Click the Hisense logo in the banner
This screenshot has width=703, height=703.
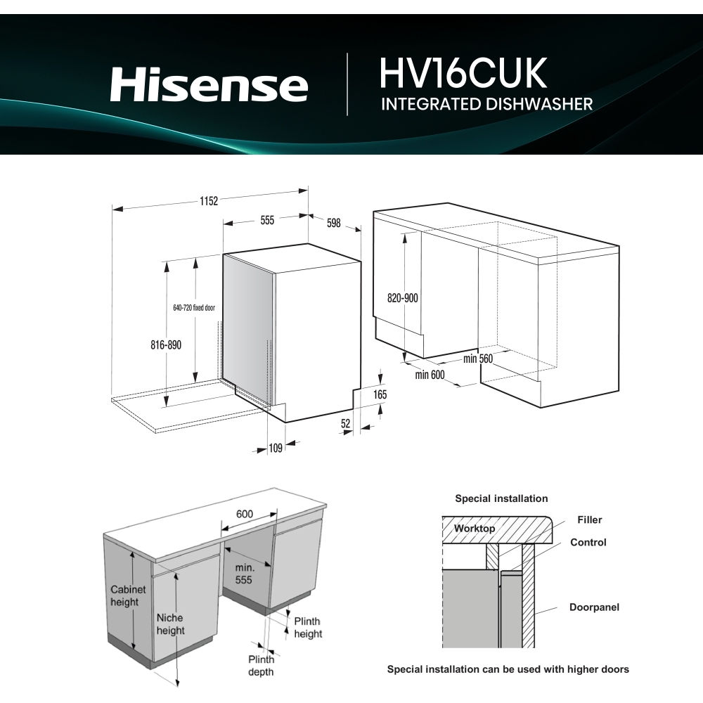(209, 85)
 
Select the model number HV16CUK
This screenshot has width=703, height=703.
(463, 73)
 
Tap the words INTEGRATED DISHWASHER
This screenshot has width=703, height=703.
(486, 105)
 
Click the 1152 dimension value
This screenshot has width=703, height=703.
(207, 200)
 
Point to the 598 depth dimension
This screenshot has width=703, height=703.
(333, 223)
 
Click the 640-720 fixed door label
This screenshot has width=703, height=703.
(194, 308)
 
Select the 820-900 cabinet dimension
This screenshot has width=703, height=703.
(402, 298)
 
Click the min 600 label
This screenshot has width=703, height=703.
(430, 375)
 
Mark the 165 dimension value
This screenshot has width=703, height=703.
(380, 395)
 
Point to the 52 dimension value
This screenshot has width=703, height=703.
(345, 423)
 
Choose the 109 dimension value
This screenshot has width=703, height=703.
(276, 448)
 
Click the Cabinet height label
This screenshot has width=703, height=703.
(128, 596)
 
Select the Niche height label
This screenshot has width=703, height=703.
(170, 624)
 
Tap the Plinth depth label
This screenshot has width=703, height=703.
(260, 666)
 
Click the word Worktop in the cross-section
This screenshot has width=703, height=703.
(474, 528)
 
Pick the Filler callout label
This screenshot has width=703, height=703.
(589, 520)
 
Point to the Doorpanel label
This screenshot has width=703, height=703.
(594, 607)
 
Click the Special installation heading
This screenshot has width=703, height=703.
(501, 498)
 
